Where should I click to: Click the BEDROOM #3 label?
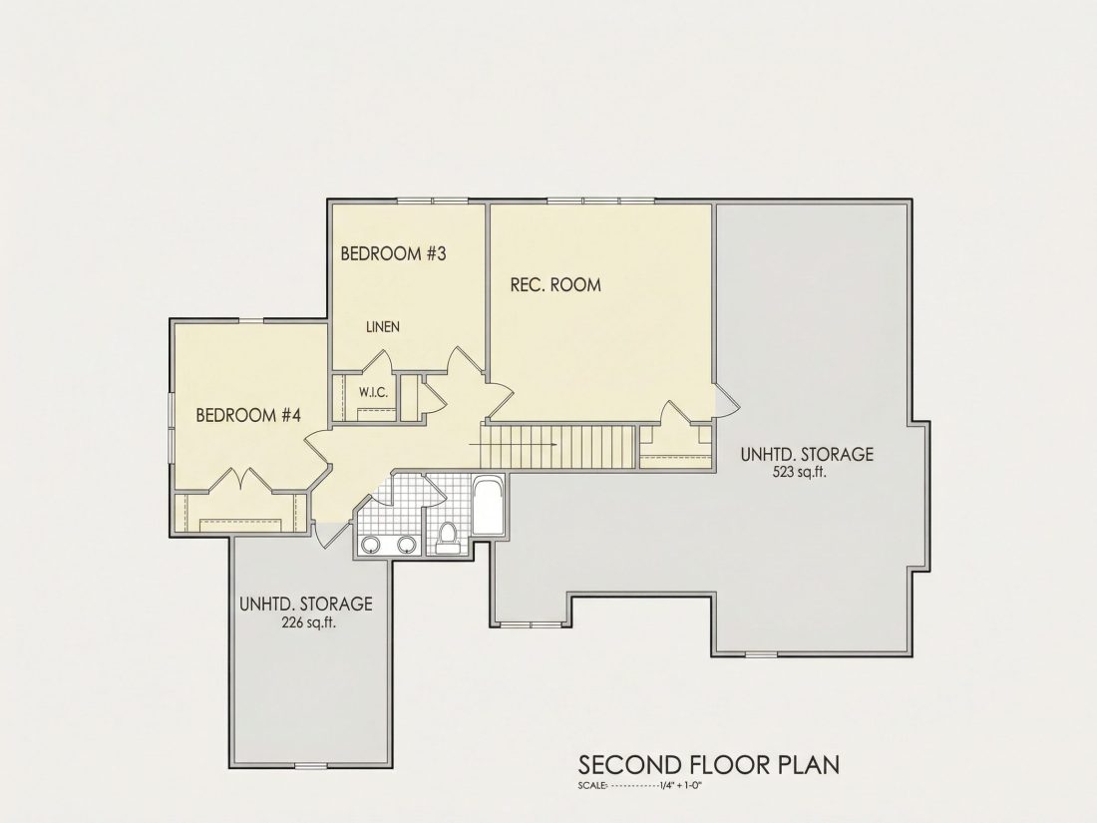pyautogui.click(x=393, y=253)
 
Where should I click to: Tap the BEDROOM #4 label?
pyautogui.click(x=248, y=416)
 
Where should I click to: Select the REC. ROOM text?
pyautogui.click(x=555, y=285)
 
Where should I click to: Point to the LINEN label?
pyautogui.click(x=383, y=327)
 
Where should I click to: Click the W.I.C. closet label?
pyautogui.click(x=374, y=393)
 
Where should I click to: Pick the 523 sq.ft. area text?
pyautogui.click(x=799, y=472)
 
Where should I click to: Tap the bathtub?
pyautogui.click(x=489, y=506)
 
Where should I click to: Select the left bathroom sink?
pyautogui.click(x=371, y=544)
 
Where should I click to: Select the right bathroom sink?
pyautogui.click(x=407, y=544)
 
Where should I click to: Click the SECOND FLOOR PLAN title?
pyautogui.click(x=709, y=765)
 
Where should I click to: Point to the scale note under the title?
pyautogui.click(x=639, y=785)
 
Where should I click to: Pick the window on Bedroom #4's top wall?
pyautogui.click(x=252, y=321)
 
